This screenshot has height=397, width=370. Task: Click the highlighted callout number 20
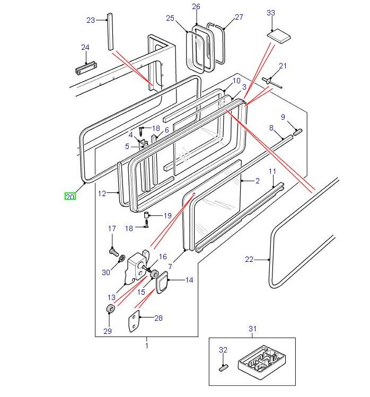[x=70, y=197]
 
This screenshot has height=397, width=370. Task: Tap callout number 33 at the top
[x=271, y=12]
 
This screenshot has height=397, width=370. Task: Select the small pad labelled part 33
[x=279, y=36]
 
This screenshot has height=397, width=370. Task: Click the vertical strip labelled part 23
[x=110, y=32]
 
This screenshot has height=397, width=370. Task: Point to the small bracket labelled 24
[x=85, y=69]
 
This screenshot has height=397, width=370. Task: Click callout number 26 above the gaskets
[x=196, y=6]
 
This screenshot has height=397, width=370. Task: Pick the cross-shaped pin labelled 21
[x=272, y=82]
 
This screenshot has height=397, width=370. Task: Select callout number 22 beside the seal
[x=249, y=259]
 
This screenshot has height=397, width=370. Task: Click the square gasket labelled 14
[x=161, y=280]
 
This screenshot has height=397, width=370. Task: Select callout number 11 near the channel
[x=272, y=171]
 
